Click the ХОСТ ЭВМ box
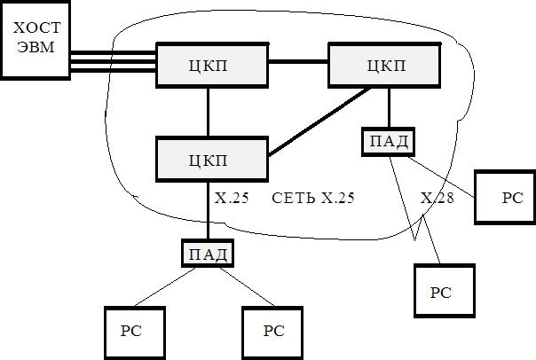(35, 40)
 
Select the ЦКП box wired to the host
(211, 65)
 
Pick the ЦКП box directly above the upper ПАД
(384, 65)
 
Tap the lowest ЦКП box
(211, 160)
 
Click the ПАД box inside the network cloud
(389, 141)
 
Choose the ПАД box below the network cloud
(208, 254)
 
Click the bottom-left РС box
(130, 331)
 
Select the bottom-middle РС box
(273, 331)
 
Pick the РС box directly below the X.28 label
(445, 291)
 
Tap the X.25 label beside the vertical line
(232, 198)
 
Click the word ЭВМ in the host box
(35, 48)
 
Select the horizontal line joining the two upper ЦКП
(297, 62)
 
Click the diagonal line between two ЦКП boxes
(319, 121)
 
